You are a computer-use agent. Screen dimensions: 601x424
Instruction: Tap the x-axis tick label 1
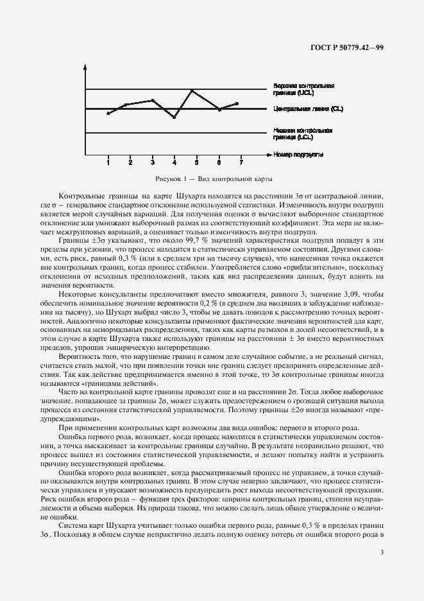[108, 162]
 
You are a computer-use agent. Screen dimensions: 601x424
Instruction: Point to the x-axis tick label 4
[174, 162]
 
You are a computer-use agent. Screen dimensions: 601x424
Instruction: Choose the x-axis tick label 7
[241, 162]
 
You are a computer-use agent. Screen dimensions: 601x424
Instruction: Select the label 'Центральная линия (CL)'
[307, 109]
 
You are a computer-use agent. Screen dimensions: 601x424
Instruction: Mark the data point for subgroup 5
[192, 90]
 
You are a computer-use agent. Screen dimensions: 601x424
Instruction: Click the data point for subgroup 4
[174, 118]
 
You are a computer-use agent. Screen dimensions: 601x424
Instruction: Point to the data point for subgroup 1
[108, 113]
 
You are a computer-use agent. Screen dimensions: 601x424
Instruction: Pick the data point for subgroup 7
[237, 103]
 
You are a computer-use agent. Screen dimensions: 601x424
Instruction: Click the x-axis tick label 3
[153, 162]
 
